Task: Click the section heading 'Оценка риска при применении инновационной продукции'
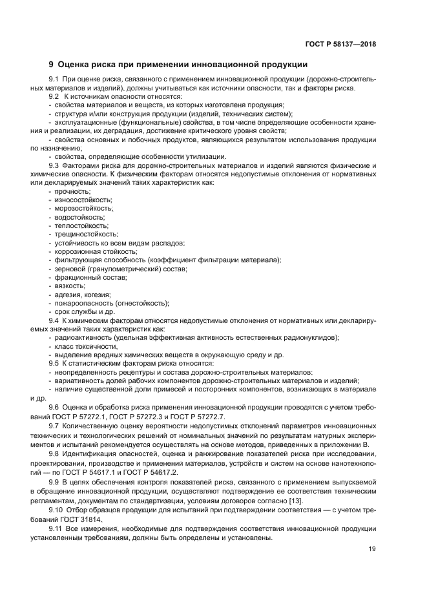point(183,65)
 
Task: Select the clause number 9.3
point(54,165)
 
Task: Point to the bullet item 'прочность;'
point(73,191)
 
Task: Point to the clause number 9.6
point(54,406)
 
